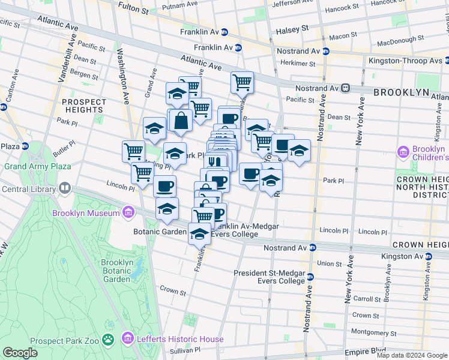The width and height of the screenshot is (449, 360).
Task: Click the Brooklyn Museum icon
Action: [x=127, y=212]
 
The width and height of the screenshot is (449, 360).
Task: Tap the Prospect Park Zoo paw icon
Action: [x=109, y=340]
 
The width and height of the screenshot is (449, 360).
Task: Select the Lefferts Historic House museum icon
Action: [x=127, y=340]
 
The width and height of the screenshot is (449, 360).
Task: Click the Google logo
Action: [x=20, y=353]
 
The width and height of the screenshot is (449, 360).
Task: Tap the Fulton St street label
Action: [x=133, y=10]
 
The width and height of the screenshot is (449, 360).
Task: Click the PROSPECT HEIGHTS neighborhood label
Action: [x=83, y=106]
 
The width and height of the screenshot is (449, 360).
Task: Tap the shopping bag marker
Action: [x=180, y=121]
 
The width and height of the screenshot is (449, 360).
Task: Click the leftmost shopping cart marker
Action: [x=133, y=151]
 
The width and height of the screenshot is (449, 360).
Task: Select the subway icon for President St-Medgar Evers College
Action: [x=310, y=277]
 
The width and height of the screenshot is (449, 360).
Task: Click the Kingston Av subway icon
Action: [x=428, y=256]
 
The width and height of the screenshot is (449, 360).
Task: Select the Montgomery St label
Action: [x=373, y=332]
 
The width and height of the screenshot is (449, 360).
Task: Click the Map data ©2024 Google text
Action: [x=411, y=355]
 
